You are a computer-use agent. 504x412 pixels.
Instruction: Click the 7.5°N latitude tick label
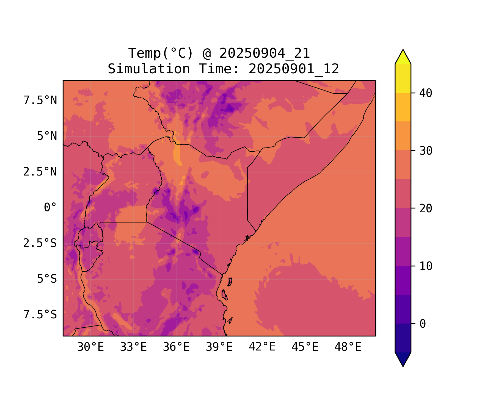point(40,101)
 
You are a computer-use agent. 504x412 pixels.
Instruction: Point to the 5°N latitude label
point(47,136)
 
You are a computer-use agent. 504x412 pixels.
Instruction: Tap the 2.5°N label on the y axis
point(40,172)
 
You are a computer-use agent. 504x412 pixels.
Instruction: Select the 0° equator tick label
point(50,208)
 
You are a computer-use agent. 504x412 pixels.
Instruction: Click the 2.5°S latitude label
point(40,243)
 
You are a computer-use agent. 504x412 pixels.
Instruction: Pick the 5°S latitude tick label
point(47,279)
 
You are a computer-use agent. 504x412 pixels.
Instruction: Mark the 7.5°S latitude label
point(40,315)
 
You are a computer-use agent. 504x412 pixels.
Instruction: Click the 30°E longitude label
point(90,347)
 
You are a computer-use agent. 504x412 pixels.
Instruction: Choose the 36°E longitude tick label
point(176,347)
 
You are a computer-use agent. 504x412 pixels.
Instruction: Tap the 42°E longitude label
point(262,347)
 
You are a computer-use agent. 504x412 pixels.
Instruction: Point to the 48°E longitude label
point(348,347)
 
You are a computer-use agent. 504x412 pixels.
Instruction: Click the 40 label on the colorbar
point(426,93)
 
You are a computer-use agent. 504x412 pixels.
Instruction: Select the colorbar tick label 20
point(426,208)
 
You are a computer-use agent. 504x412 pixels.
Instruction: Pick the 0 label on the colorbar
point(423,324)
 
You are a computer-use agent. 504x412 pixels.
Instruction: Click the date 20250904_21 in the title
point(265,53)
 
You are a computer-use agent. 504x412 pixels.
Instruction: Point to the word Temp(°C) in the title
point(161,53)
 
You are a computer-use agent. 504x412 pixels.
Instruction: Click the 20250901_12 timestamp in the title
point(294,69)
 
